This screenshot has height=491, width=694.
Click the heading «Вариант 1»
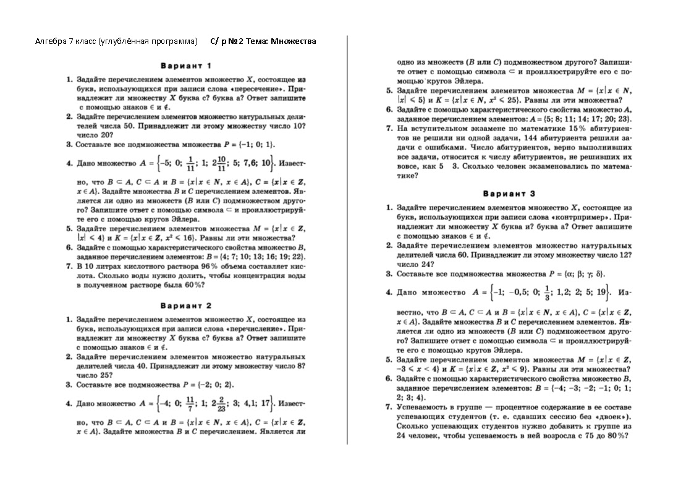coord(186,65)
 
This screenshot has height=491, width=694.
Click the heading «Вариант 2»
coord(186,305)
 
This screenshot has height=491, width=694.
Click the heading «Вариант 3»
coord(509,194)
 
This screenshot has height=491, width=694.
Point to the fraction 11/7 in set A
coord(190,403)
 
